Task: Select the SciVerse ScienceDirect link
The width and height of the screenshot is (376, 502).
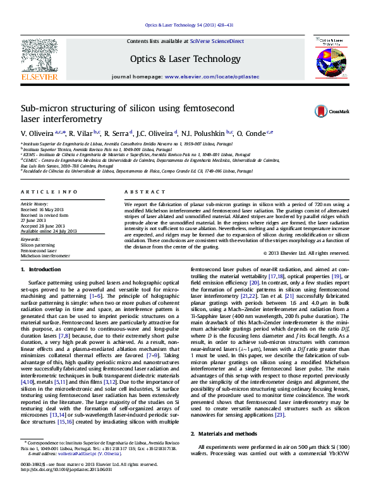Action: coord(221,41)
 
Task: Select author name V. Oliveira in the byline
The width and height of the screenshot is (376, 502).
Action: coord(37,133)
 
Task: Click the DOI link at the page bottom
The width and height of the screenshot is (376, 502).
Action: coord(66,487)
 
